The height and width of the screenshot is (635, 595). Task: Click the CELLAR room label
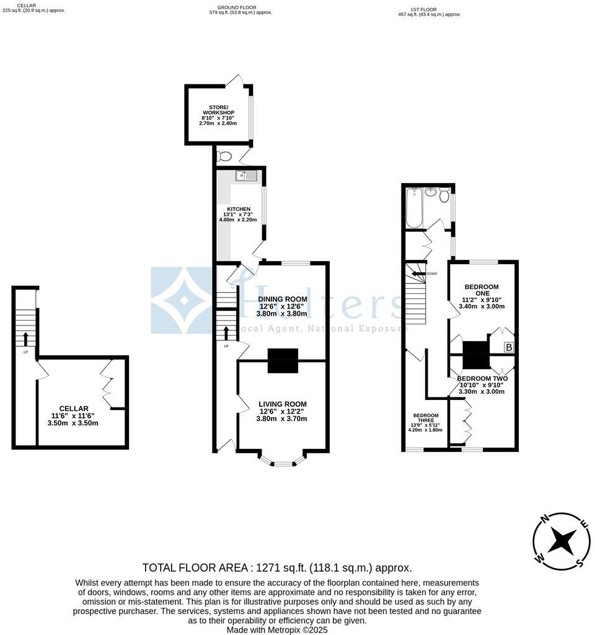pos(74,408)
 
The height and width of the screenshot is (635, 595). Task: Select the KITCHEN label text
pos(239,209)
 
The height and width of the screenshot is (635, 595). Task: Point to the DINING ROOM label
pos(283,299)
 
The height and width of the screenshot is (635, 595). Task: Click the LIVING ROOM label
pos(283,404)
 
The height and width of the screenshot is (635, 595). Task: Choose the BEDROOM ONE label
pos(482,287)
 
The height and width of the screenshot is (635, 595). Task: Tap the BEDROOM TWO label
pos(482,378)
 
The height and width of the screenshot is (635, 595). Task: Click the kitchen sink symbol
pos(246,175)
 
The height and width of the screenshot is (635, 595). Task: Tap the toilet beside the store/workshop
pos(224,156)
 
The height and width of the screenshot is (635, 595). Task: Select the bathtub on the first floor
pos(413,208)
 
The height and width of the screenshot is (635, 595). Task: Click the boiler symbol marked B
pos(509,347)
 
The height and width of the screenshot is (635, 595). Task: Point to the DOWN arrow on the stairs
pos(420,273)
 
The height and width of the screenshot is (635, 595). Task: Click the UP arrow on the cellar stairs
pos(25,339)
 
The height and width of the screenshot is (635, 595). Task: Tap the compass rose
pos(561,541)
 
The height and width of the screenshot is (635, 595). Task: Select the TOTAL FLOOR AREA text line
pos(277,567)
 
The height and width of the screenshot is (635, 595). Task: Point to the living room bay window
pos(282,461)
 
